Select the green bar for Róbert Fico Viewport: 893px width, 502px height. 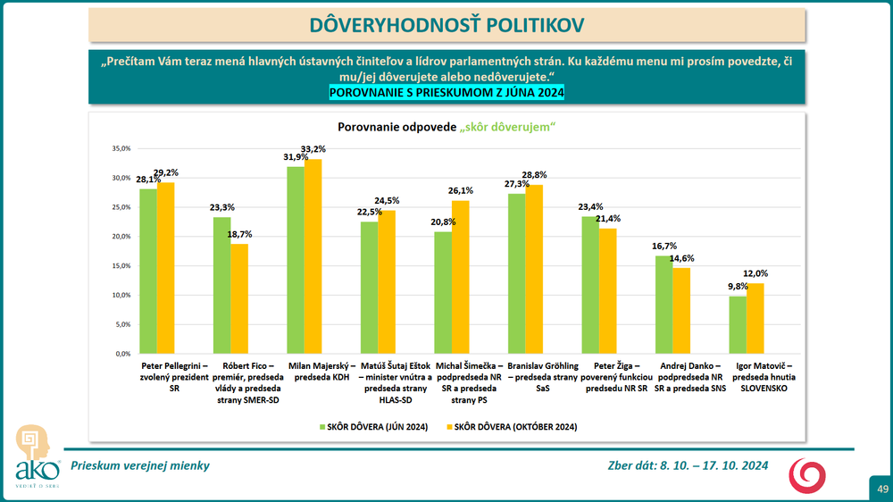pyautogui.click(x=221, y=285)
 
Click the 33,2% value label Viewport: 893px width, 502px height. pyautogui.click(x=313, y=148)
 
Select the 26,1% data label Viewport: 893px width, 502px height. pyautogui.click(x=461, y=190)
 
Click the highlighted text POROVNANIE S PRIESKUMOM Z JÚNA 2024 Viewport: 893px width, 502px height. pyautogui.click(x=446, y=92)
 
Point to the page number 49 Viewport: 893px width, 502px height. pyautogui.click(x=881, y=489)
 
